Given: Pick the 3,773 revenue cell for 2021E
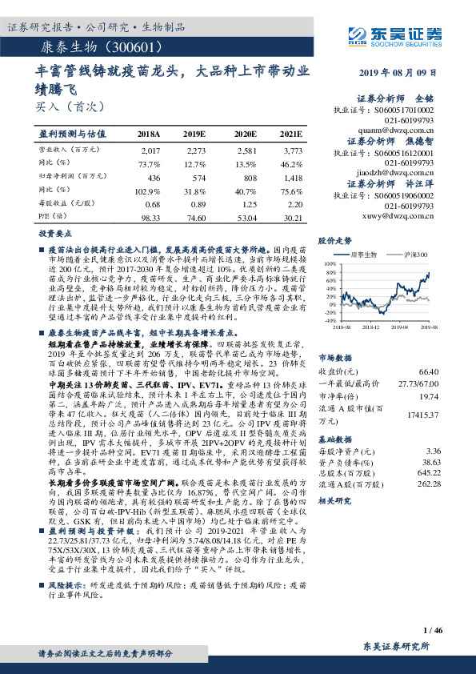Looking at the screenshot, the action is [x=292, y=150].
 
